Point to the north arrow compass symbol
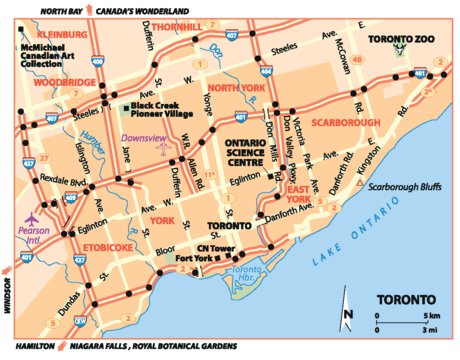click(347, 314)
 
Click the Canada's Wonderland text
click(138, 9)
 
